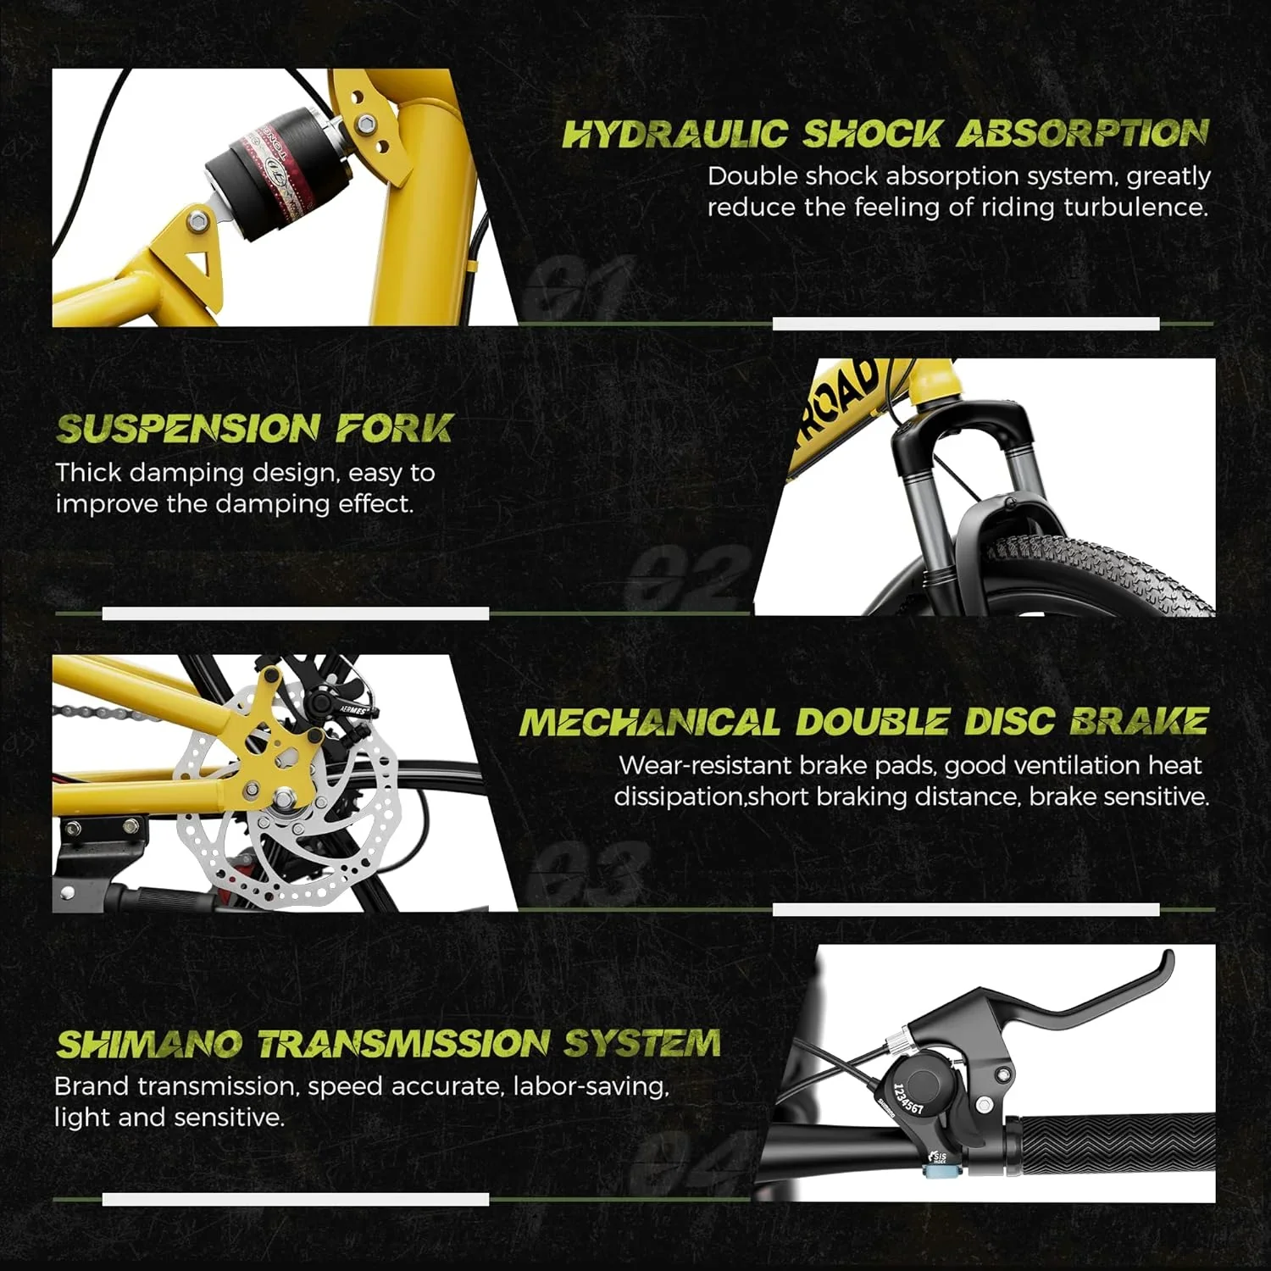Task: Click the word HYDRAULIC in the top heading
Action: (x=675, y=134)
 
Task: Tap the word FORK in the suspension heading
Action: (x=395, y=429)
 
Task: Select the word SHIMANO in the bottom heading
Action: (x=148, y=1044)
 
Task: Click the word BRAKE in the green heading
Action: (x=1139, y=722)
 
